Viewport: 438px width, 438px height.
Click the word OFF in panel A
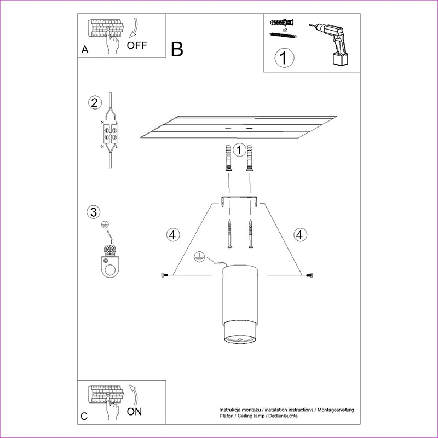(136, 45)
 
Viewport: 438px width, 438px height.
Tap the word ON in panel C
(134, 412)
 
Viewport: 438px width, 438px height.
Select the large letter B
(177, 49)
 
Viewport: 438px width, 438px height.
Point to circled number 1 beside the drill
(284, 58)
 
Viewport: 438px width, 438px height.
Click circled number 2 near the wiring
(95, 102)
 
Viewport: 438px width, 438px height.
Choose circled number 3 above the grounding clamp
(94, 212)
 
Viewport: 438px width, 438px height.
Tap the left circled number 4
(173, 235)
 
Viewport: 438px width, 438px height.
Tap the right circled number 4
(300, 235)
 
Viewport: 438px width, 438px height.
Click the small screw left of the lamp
(165, 275)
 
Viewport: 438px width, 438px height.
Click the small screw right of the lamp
(309, 275)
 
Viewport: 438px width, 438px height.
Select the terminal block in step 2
(110, 134)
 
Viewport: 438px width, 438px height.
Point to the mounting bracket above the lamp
(240, 201)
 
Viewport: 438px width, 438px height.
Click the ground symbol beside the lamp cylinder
(199, 257)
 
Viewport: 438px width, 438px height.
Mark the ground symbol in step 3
(105, 224)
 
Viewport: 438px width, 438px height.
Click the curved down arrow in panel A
(134, 28)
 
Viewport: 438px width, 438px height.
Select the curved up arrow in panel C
(134, 394)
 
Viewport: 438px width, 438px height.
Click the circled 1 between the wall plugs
(239, 150)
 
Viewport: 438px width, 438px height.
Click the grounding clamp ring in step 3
(111, 267)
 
